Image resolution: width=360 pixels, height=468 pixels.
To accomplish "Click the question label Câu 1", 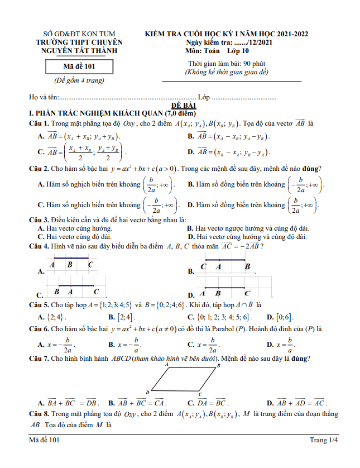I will click(x=40, y=123).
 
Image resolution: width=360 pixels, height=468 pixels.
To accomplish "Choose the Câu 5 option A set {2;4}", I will click(x=54, y=317).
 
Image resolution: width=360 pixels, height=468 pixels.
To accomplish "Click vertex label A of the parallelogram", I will click(x=167, y=364).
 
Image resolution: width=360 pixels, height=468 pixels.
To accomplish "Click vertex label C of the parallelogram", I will click(x=199, y=394).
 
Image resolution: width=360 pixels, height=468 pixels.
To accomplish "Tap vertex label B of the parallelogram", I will click(x=218, y=366).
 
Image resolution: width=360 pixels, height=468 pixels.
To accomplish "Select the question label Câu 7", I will click(x=40, y=358).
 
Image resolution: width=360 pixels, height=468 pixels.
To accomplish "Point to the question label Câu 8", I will click(x=40, y=414).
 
